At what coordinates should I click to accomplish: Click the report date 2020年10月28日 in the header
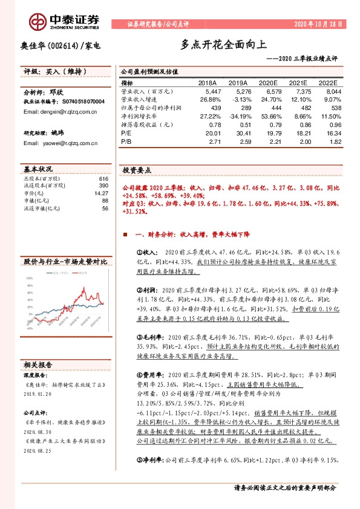pos(318,24)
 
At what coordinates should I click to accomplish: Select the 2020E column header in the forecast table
pos(269,83)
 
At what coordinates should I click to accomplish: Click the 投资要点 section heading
pos(137,170)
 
